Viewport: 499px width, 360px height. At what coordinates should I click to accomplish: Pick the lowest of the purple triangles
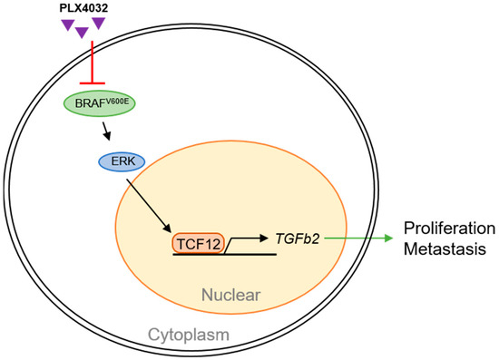coord(82,33)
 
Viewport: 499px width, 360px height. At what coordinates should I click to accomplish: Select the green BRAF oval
coord(99,103)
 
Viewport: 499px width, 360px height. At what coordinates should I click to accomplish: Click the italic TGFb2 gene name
coord(296,238)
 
